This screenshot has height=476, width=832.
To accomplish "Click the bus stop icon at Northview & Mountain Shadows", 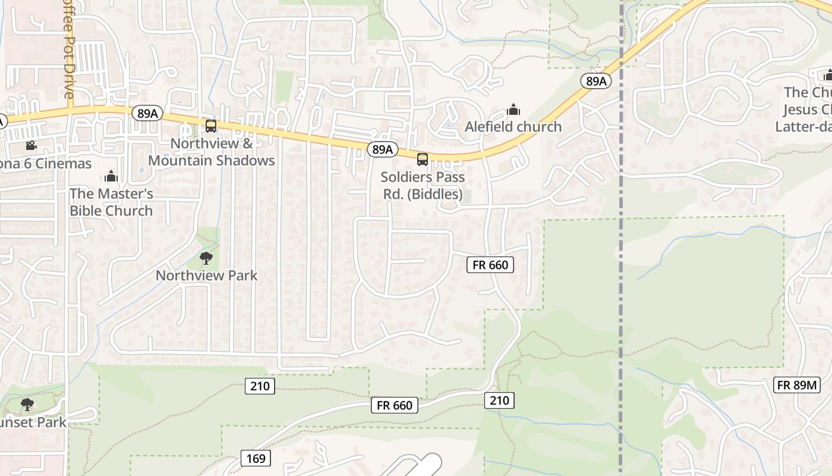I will coord(211,126).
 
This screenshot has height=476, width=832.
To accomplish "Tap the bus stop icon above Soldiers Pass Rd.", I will coord(423,159).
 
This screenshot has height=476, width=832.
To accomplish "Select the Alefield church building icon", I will coord(513,109).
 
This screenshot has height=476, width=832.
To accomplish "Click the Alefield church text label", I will coord(513,127).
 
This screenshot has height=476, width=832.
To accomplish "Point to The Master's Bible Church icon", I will coord(111,176).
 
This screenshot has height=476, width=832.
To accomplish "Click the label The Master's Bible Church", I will coord(111,202).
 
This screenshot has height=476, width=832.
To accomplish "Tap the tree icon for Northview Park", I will coord(206,258).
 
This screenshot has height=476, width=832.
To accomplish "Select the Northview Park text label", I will coord(206,275).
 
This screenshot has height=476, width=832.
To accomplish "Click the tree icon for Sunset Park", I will coord(27,405).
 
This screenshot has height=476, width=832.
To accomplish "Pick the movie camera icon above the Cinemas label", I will coord(31,146).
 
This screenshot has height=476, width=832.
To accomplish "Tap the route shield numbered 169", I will coord(256,458).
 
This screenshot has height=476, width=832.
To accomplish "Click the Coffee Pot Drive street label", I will coord(69,50).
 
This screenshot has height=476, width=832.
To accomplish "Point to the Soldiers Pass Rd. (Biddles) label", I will coord(423,186).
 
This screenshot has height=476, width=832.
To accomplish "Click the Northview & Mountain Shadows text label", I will coord(211,152).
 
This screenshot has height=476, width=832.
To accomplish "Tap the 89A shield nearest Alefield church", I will coord(595,82).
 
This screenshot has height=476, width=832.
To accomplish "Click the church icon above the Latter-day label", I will coord(828,76).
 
